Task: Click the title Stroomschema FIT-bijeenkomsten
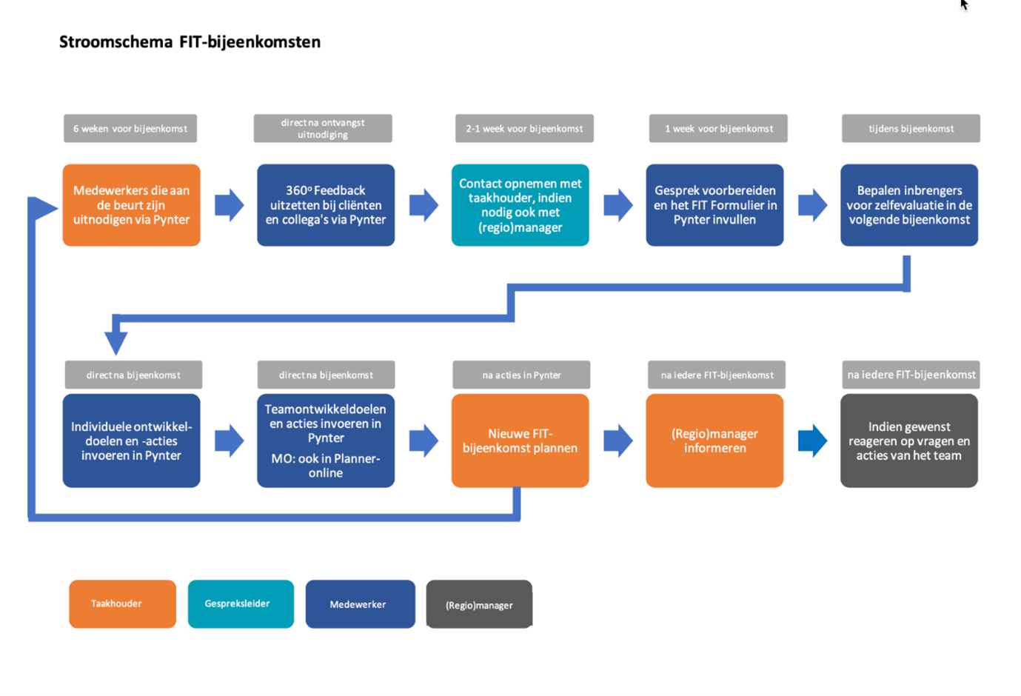(190, 42)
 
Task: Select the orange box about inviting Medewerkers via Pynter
(131, 205)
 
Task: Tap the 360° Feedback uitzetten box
(326, 205)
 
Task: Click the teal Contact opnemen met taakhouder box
(520, 205)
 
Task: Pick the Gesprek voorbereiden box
(714, 205)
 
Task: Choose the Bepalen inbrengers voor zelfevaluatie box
(908, 205)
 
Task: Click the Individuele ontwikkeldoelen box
(131, 441)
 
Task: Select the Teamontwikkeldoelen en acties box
(326, 441)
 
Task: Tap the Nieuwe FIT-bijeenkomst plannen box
(520, 441)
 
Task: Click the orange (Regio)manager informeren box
(714, 441)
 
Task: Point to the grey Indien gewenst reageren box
(908, 441)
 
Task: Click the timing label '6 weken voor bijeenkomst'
(130, 128)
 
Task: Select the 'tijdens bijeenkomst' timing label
(911, 128)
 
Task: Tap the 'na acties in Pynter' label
(521, 375)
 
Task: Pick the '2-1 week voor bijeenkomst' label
(524, 128)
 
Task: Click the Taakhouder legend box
(122, 603)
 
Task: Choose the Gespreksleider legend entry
(241, 603)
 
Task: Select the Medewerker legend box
(360, 604)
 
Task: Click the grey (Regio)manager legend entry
(479, 604)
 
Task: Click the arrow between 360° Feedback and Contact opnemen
(424, 205)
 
